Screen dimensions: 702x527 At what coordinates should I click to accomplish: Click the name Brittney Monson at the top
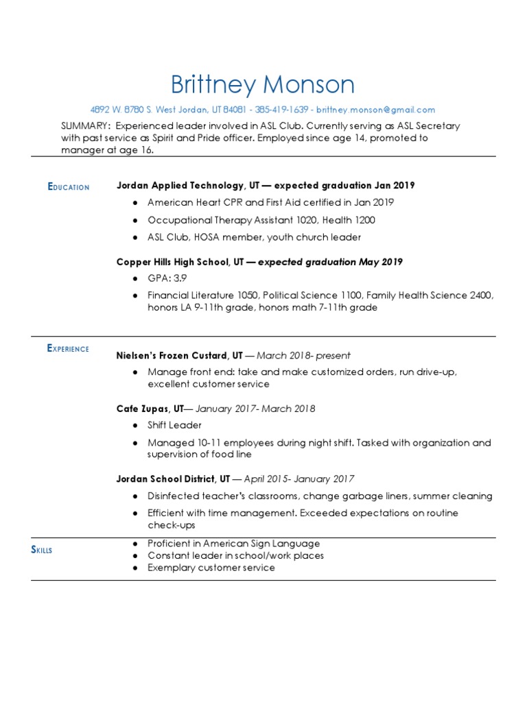(263, 85)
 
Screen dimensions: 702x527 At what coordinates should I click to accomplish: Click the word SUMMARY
(85, 126)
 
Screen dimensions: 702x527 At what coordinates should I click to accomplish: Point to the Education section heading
(69, 186)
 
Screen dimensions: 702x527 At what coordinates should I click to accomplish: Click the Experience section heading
(68, 348)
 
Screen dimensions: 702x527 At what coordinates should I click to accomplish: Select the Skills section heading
(42, 550)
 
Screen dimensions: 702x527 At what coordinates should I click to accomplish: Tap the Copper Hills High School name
(174, 262)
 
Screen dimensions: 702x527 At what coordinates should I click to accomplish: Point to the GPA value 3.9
(180, 278)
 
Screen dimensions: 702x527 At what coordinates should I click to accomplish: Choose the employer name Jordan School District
(173, 479)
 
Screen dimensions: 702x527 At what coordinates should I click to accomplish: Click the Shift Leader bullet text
(174, 425)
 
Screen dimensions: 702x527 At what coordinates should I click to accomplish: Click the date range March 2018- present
(303, 355)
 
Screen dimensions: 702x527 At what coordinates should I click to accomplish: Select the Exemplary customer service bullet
(211, 568)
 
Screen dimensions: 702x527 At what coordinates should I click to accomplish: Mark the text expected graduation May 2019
(330, 262)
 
